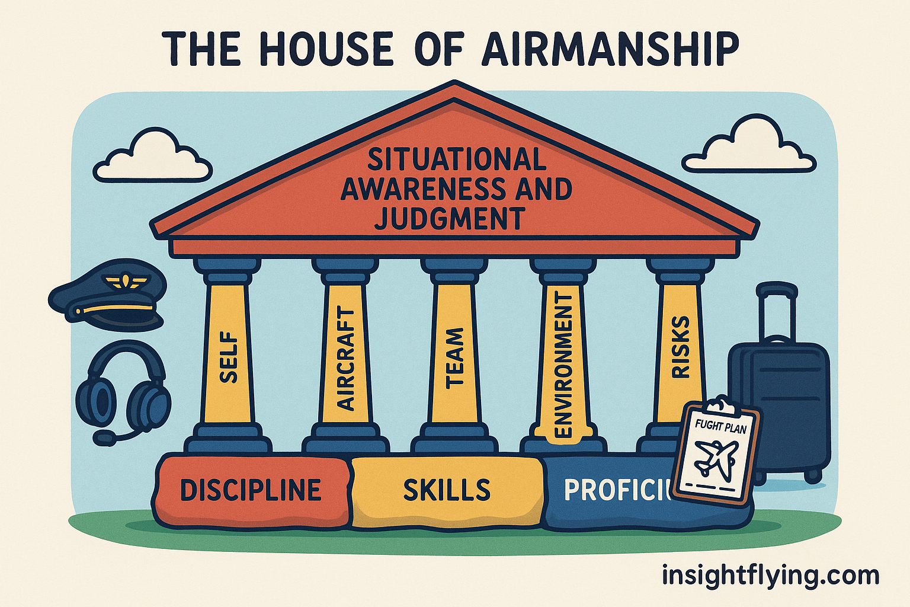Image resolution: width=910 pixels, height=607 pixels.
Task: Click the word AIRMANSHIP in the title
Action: [x=611, y=49]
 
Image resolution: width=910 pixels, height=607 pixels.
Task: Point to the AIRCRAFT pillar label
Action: [x=345, y=359]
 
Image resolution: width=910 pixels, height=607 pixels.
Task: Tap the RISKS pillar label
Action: [x=681, y=347]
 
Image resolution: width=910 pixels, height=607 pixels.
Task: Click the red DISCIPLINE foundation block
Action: [x=251, y=490]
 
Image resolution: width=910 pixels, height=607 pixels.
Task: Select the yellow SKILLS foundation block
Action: [x=447, y=490]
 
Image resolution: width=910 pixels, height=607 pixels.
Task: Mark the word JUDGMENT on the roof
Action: [x=450, y=219]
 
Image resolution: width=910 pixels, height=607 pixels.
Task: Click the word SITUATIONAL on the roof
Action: [x=456, y=159]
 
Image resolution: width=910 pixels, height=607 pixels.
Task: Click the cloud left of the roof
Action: [x=152, y=155]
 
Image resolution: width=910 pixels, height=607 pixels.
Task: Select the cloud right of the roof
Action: [x=749, y=145]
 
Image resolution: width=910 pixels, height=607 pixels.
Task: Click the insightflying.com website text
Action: [x=770, y=575]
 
